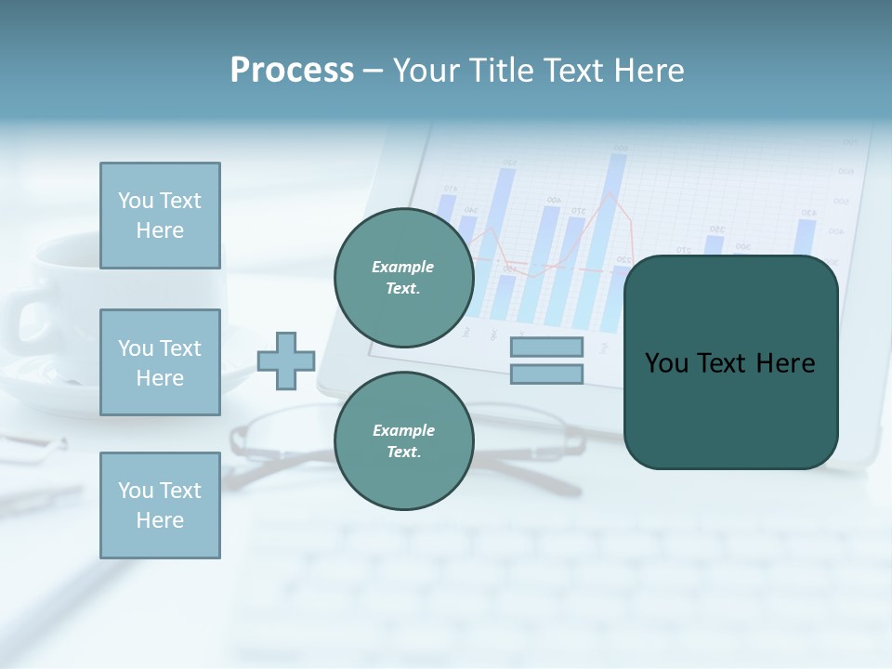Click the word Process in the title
pos(292,71)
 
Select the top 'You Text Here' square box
pos(160,216)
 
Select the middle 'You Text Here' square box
pos(160,362)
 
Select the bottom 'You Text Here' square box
pos(160,505)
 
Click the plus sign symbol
pos(286,361)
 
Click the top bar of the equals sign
pos(546,347)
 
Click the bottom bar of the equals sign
pos(546,374)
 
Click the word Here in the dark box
pos(785,363)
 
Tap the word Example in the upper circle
pos(403,267)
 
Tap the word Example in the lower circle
pos(403,430)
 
